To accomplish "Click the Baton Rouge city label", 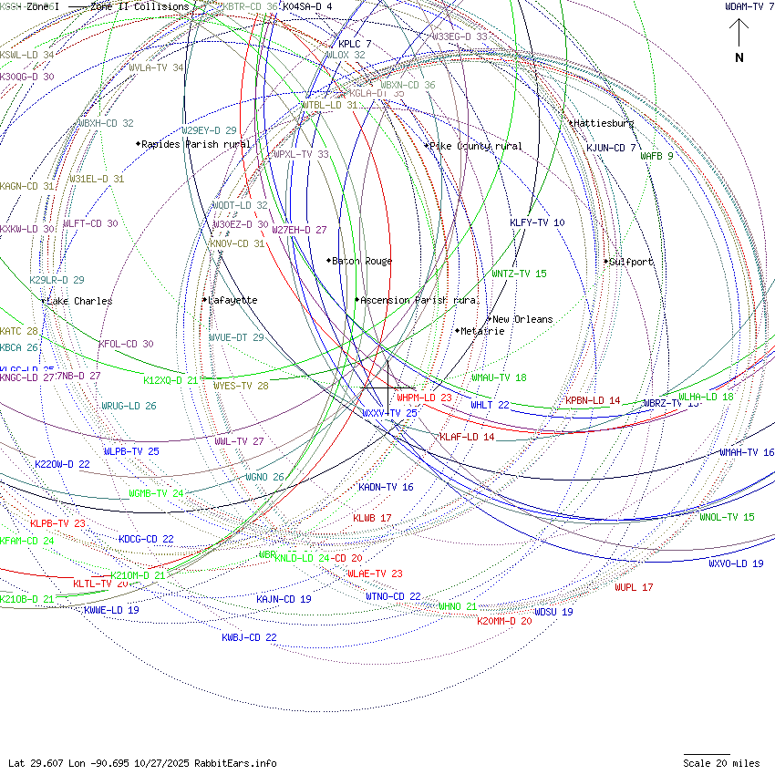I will [362, 262].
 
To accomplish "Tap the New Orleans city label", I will [522, 320].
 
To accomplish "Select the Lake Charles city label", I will [79, 301].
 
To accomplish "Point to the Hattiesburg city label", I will [604, 123].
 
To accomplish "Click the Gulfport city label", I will [631, 262].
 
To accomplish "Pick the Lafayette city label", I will [232, 300].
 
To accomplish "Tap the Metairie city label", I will [482, 331].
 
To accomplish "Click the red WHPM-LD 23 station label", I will [424, 398].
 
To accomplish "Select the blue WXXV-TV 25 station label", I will [389, 413].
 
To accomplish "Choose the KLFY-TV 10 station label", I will [537, 222].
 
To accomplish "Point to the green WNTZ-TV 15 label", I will [519, 274].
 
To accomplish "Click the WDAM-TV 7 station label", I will [749, 7].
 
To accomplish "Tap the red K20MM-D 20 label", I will [504, 621].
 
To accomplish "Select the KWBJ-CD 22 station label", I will [249, 637].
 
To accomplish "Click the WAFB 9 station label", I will [656, 156].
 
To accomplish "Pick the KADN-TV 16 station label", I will [386, 487].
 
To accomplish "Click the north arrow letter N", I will [739, 58].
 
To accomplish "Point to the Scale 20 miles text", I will [721, 763].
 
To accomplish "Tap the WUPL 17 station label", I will [634, 587].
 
